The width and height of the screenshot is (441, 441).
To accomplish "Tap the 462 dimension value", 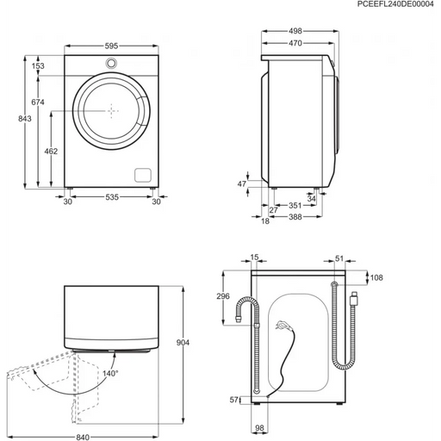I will click(51, 151).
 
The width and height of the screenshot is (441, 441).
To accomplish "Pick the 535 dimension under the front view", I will click(111, 198).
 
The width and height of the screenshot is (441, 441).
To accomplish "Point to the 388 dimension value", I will click(295, 217).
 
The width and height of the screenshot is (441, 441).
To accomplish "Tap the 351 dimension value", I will click(295, 207).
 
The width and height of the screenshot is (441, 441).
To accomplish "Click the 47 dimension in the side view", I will click(242, 183).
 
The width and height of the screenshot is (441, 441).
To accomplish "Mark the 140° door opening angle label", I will click(111, 373).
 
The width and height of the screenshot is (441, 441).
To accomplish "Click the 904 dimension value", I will click(194, 343).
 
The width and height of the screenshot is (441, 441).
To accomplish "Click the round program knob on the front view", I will click(111, 65).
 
